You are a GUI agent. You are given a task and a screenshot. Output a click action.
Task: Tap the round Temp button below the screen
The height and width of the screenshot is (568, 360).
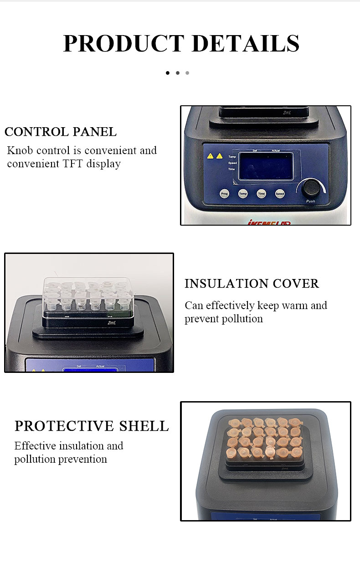(243, 194)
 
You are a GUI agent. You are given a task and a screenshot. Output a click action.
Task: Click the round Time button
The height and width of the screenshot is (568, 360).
(261, 194)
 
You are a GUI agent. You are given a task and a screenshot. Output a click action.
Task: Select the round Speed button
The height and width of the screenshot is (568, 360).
(280, 194)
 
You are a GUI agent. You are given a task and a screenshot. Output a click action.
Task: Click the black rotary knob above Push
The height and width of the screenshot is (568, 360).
(311, 187)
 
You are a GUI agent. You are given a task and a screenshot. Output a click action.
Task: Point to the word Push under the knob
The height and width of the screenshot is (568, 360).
(310, 201)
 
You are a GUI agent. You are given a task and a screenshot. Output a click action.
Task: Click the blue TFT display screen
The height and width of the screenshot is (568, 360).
(267, 166)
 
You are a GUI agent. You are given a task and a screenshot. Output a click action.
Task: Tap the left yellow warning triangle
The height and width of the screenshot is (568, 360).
(210, 156)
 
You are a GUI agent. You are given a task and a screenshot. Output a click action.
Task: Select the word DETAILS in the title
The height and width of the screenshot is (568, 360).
(246, 44)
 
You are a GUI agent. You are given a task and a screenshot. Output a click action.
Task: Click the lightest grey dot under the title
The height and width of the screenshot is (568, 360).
(187, 73)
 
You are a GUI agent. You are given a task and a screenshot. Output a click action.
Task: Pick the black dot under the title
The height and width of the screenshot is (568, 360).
(168, 73)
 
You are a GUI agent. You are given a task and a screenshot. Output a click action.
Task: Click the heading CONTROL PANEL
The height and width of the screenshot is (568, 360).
(61, 132)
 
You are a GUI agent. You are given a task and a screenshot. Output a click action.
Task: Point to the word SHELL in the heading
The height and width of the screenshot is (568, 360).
(144, 426)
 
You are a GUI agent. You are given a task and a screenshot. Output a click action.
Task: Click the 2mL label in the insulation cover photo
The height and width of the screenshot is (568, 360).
(112, 323)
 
